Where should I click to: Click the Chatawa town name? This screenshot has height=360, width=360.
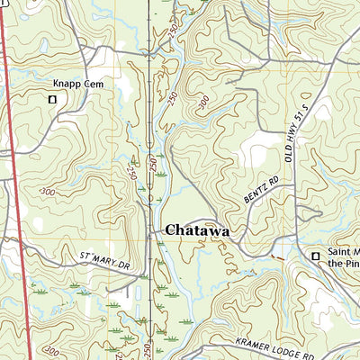point(196,230)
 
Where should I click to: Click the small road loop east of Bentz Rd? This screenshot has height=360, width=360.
point(310,214)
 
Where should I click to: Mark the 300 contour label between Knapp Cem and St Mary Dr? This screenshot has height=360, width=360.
point(47,193)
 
